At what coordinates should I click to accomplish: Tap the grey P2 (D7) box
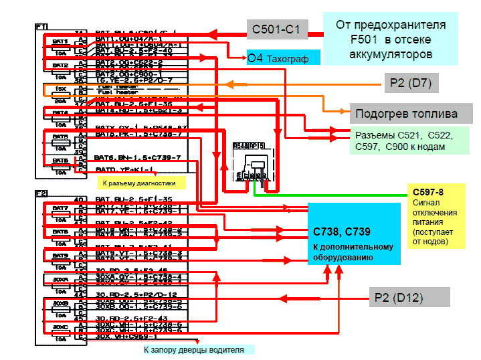click(x=415, y=84)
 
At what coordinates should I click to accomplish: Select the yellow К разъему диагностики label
click(x=138, y=182)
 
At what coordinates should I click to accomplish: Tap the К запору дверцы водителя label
click(x=194, y=349)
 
